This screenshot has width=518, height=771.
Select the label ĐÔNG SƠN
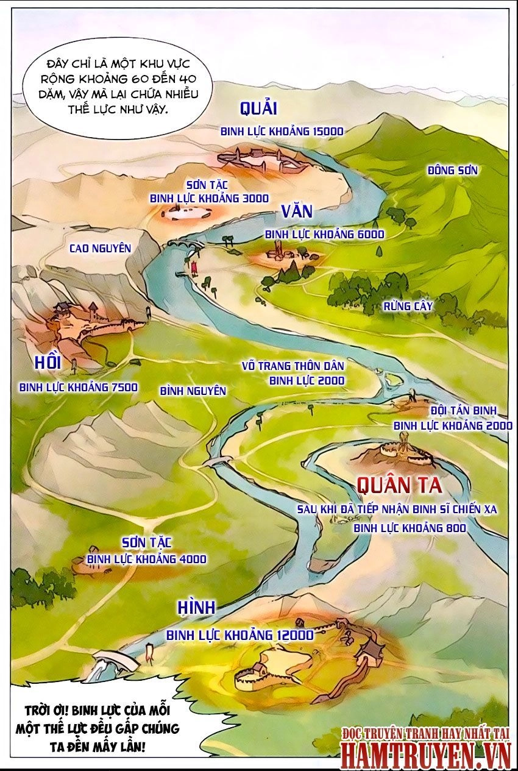click(x=452, y=171)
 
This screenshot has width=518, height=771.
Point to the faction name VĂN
click(x=297, y=211)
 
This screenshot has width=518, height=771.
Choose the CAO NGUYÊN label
click(x=101, y=248)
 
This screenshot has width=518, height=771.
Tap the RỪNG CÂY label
click(x=408, y=307)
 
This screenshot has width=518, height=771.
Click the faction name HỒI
click(x=48, y=363)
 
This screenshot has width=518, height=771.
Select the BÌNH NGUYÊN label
click(x=193, y=391)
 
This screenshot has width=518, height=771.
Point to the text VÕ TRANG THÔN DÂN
click(x=293, y=366)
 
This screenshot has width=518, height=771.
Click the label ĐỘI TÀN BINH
click(x=463, y=410)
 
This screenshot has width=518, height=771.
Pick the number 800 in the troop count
click(x=455, y=528)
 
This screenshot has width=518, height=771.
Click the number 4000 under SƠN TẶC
click(x=192, y=559)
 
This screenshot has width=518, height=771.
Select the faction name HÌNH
click(x=196, y=608)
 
